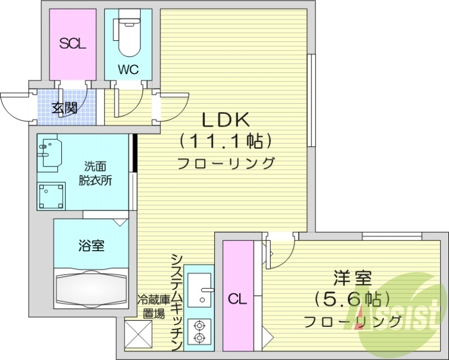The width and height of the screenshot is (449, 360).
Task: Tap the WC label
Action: pos(127,70)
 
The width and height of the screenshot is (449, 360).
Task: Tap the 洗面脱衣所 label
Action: pos(94,173)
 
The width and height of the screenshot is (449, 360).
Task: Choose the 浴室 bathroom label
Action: pos(90,245)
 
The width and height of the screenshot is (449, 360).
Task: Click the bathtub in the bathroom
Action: pos(91,288)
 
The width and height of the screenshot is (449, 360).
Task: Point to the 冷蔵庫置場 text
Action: pos(153,307)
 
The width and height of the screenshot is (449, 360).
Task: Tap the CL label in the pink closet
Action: pos(237,299)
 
